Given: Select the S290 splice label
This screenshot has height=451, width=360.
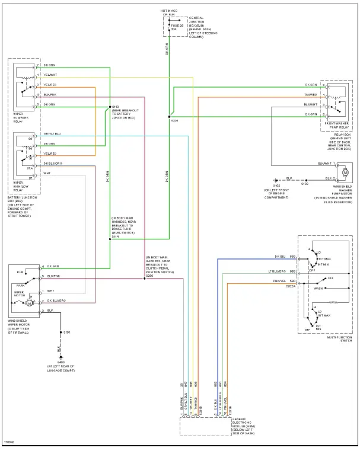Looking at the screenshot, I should [149, 274].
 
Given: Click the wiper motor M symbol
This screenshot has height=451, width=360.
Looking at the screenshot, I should [27, 303].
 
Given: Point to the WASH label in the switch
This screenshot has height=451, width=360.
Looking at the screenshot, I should [318, 289].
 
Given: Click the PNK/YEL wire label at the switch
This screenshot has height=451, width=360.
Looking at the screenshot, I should [280, 281].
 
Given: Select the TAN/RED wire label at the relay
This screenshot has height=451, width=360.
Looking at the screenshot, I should [311, 94].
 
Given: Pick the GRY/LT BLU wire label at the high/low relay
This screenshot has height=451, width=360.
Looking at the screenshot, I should [52, 134].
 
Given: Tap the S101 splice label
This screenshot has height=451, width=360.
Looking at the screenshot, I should [68, 332].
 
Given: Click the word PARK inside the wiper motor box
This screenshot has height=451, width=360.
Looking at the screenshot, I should [21, 284].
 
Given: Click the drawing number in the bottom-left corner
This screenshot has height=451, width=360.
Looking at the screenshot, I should [9, 442].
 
